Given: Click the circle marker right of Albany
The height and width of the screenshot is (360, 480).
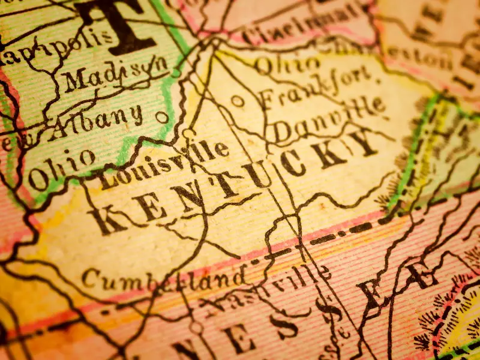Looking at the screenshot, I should pyautogui.click(x=161, y=118).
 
